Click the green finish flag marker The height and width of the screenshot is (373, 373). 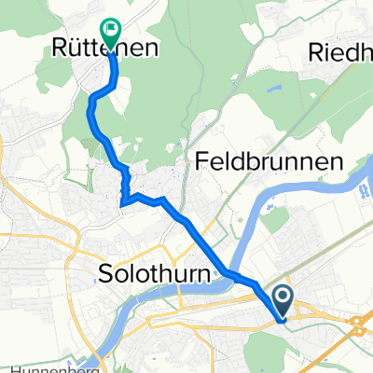[111, 33]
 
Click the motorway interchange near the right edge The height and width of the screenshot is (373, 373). [359, 326]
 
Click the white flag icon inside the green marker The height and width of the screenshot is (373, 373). [111, 30]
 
